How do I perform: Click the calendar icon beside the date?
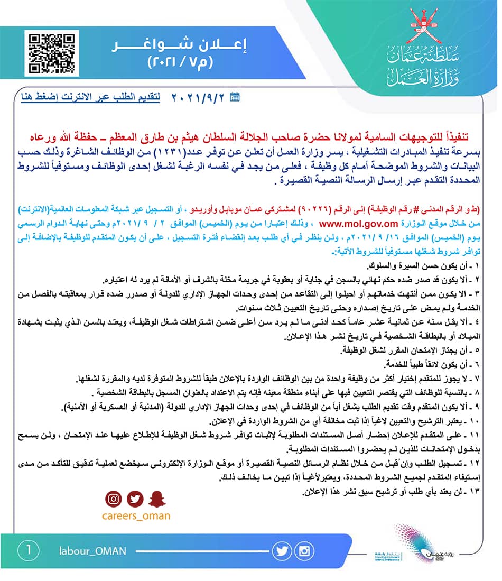236,97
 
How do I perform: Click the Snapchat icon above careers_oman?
157,498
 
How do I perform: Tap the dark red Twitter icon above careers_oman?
135,498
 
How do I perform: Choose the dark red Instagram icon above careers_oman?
113,498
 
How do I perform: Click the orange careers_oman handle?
136,516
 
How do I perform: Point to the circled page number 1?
27,550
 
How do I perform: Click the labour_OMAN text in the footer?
93,551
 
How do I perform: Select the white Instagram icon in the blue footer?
304,551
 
